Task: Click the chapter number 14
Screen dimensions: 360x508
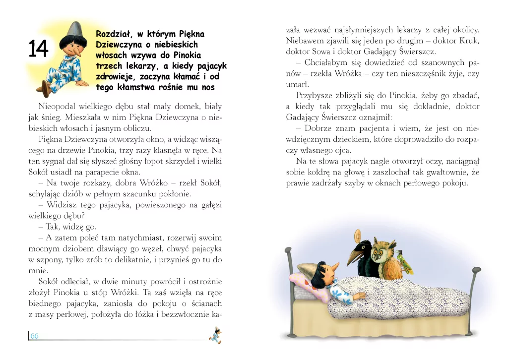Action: pos(38,50)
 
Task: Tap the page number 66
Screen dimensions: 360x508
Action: pos(35,336)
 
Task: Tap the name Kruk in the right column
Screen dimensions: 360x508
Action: pos(468,41)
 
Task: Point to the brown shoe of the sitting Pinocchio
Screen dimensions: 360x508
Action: pos(46,89)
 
